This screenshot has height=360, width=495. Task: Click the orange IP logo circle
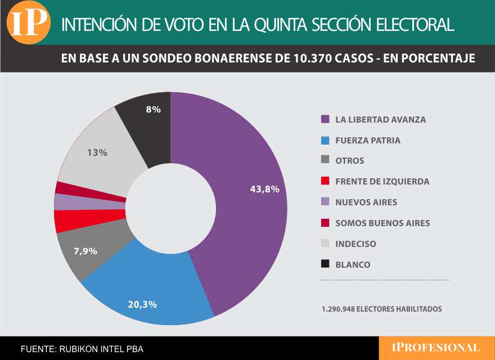click(28, 22)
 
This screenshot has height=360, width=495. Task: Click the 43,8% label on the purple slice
click(264, 189)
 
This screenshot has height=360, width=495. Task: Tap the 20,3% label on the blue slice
click(142, 304)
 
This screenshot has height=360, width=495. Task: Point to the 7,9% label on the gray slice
click(85, 251)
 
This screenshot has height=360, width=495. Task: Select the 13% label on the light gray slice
click(97, 152)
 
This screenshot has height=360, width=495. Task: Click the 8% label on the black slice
click(153, 110)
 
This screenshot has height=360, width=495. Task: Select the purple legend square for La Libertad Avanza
click(325, 120)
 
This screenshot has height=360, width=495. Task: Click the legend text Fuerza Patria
click(368, 141)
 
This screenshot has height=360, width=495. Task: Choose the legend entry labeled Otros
click(349, 161)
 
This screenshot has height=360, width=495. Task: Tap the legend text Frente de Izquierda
click(382, 182)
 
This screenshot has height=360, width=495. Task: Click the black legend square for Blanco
click(325, 264)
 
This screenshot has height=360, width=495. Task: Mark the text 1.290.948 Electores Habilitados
click(382, 309)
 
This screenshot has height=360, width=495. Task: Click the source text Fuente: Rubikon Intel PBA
click(82, 349)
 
